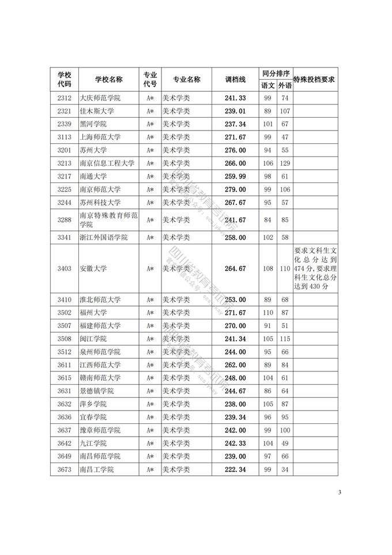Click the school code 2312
(65, 98)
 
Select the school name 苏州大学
(92, 150)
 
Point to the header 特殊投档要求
(315, 80)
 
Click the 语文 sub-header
(267, 85)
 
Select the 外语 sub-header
(285, 85)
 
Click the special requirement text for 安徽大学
(315, 269)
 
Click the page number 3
(340, 493)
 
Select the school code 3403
(65, 269)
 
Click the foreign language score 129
(285, 163)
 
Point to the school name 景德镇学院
(96, 391)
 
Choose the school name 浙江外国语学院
(104, 237)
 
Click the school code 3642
(65, 444)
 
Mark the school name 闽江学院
(92, 339)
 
